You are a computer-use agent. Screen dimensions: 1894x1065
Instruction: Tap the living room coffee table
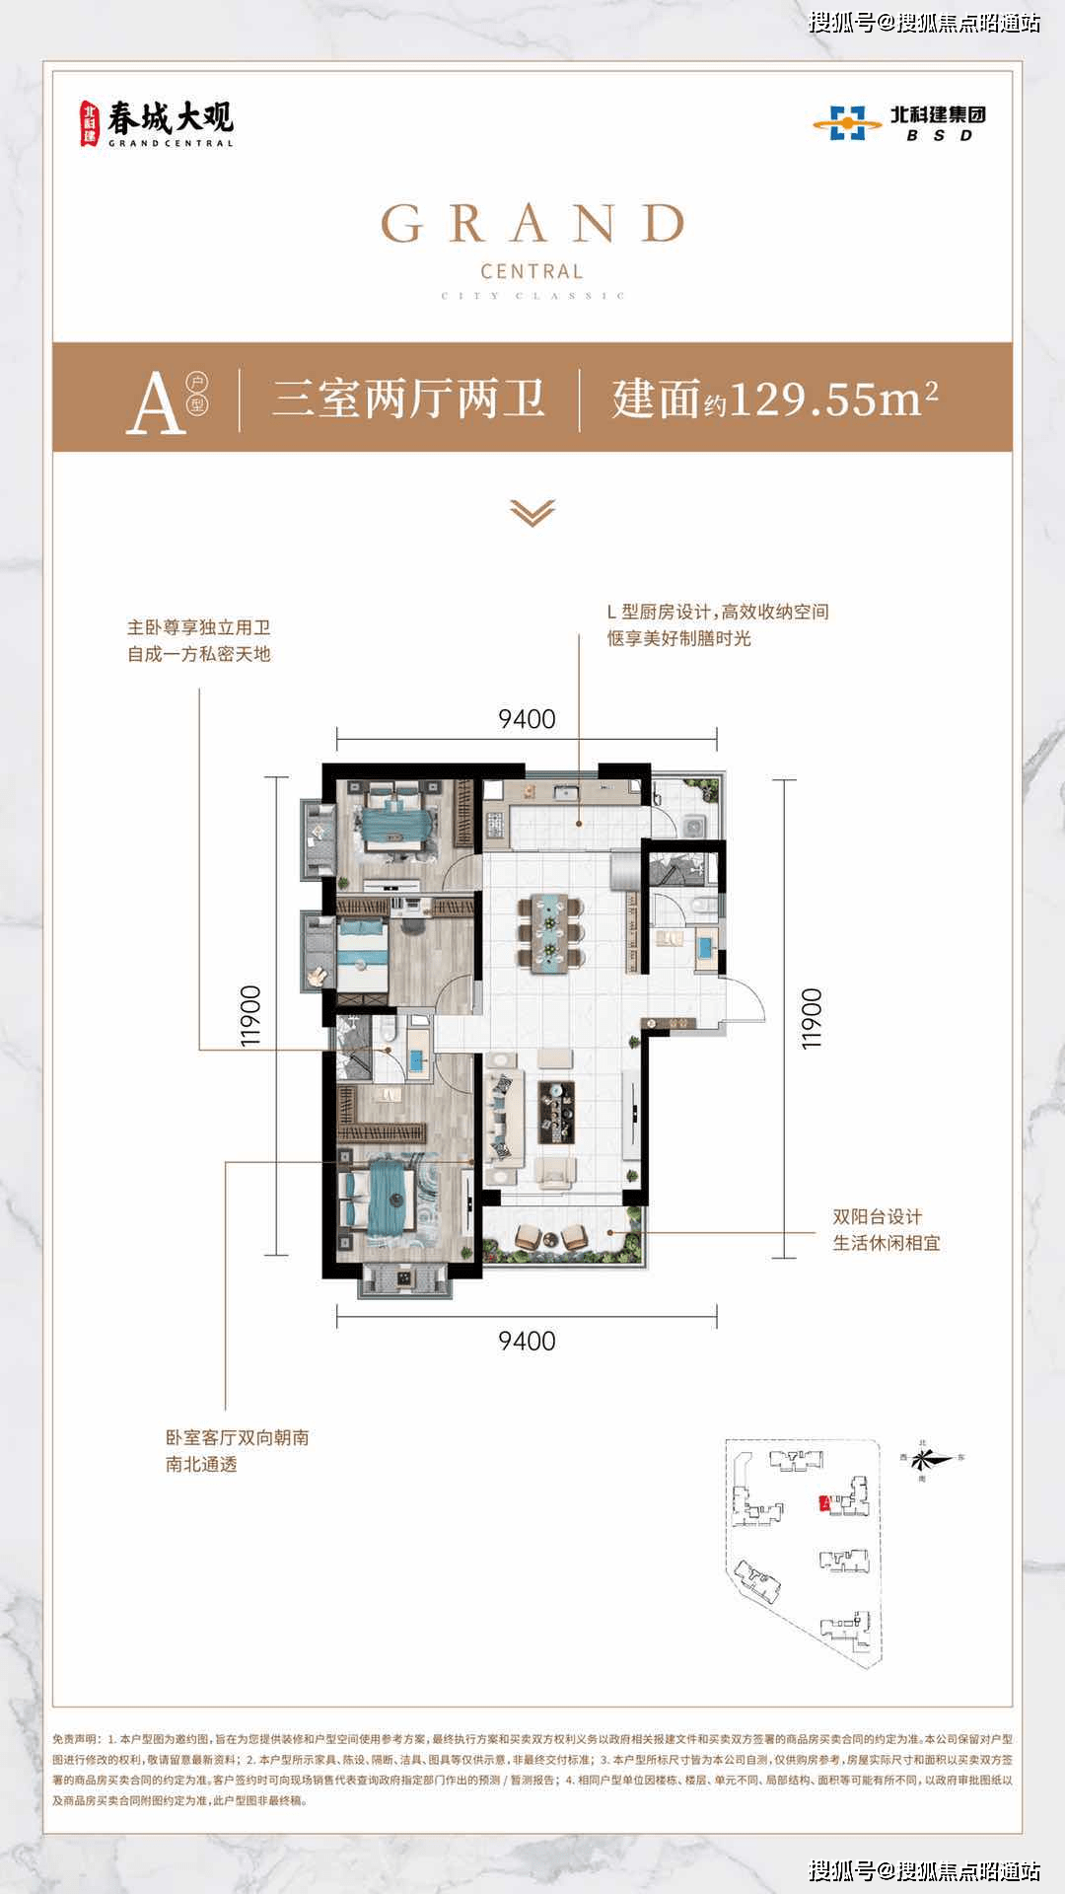click(557, 1112)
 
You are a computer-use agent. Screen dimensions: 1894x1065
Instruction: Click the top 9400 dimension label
click(527, 719)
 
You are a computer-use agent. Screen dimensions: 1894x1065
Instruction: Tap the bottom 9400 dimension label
click(527, 1341)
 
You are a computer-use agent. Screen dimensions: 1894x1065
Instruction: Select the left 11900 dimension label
click(250, 1016)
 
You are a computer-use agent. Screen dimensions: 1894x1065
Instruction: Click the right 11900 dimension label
click(811, 1018)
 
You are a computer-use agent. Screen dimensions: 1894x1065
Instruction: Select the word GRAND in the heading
click(532, 224)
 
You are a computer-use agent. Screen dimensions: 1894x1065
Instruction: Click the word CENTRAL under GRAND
click(532, 271)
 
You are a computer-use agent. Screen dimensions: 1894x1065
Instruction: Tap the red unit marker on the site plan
click(822, 1502)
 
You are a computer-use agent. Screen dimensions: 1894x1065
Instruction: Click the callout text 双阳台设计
click(878, 1217)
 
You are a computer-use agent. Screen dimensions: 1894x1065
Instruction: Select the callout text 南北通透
click(201, 1464)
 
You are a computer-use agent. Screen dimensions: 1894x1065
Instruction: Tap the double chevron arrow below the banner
click(532, 513)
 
